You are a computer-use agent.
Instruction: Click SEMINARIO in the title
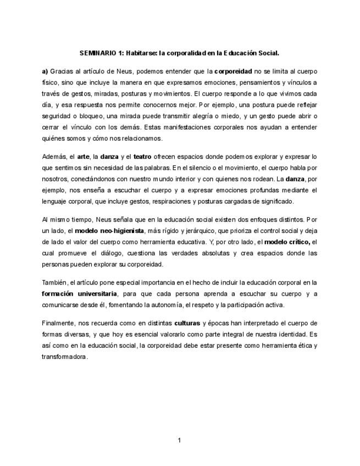(96, 53)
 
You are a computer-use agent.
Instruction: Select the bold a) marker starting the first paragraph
(45, 71)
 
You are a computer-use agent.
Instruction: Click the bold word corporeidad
(233, 71)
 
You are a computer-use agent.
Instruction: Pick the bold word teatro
(143, 157)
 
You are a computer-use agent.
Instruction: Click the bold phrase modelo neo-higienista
(109, 230)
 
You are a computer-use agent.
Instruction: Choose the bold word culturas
(187, 323)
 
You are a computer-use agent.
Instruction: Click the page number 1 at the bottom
(179, 440)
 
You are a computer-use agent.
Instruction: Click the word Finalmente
(58, 323)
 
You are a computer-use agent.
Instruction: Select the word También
(54, 282)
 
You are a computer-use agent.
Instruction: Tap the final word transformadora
(64, 356)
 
